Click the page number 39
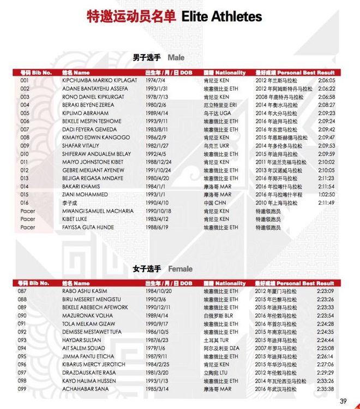pyautogui.click(x=343, y=400)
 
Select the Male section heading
pyautogui.click(x=177, y=57)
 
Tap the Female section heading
pyautogui.click(x=180, y=269)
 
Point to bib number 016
pyautogui.click(x=25, y=203)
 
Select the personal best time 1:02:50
pyautogui.click(x=326, y=195)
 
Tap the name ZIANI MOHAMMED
pyautogui.click(x=85, y=195)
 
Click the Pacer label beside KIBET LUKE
pyautogui.click(x=28, y=220)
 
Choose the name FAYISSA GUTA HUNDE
pyautogui.click(x=88, y=228)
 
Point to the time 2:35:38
pyautogui.click(x=325, y=389)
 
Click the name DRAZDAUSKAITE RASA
pyautogui.click(x=91, y=373)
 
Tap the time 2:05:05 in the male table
pyautogui.click(x=326, y=80)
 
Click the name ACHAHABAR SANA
pyautogui.click(x=85, y=389)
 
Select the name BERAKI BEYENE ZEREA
pyautogui.click(x=88, y=105)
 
